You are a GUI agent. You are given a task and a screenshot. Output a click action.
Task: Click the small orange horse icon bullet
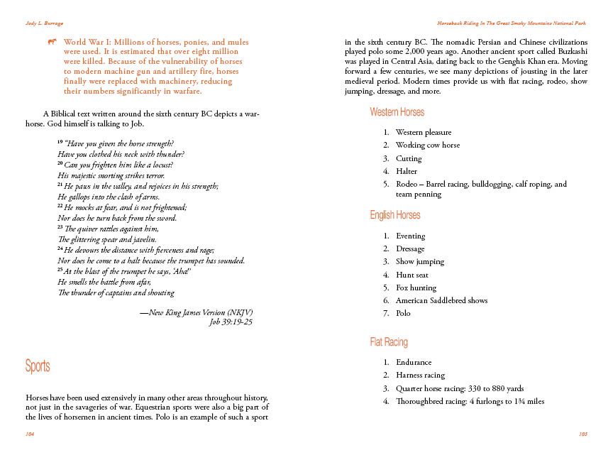point(52,43)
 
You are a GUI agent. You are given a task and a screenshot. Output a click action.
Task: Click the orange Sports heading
point(38,366)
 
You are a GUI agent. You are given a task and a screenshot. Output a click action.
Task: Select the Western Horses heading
point(397,112)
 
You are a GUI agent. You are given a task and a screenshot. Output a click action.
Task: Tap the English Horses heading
point(394,215)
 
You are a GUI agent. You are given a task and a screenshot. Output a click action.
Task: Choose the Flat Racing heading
point(389,342)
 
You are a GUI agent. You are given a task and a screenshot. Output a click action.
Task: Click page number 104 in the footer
point(30,432)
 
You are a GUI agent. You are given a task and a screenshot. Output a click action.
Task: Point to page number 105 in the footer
point(583,432)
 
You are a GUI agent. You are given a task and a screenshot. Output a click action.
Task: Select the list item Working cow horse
point(427,145)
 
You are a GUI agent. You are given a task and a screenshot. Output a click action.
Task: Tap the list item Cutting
point(409,158)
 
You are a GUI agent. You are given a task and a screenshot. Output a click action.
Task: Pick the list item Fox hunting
point(416,287)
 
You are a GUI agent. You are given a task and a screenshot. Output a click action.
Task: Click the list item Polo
point(403,313)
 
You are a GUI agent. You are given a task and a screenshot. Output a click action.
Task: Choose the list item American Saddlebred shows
point(441,300)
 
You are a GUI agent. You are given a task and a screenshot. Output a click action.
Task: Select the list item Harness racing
point(420,375)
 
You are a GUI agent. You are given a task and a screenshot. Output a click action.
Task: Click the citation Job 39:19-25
point(231,322)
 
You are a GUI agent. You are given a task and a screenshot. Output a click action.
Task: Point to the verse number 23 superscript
point(60,228)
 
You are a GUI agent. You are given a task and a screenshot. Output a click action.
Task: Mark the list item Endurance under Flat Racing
point(414,362)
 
